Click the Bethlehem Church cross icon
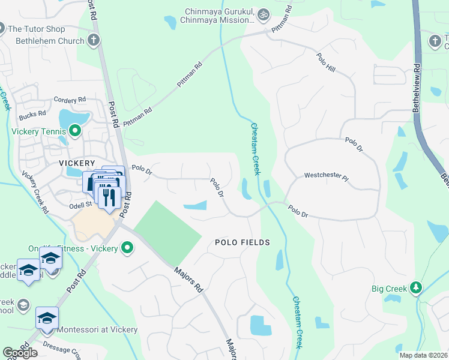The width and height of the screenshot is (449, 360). point(93,41)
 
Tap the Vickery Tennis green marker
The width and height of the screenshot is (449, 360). point(75,130)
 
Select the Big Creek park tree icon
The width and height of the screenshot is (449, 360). point(415,289)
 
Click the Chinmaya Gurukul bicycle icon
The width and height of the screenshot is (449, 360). point(263,14)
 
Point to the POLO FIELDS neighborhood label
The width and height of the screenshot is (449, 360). point(243,242)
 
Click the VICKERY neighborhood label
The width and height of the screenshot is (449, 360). point(77,163)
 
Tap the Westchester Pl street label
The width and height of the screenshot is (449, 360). point(326,176)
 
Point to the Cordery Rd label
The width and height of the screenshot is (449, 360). point(66,100)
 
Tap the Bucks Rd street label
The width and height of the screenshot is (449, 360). point(32,113)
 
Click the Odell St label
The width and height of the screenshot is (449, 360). point(79,205)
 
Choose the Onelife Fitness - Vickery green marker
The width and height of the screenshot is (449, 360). point(127,247)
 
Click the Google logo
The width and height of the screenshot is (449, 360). point(20,353)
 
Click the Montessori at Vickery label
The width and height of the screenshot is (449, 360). point(97,329)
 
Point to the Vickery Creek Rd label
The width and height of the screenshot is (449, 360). point(35,193)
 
